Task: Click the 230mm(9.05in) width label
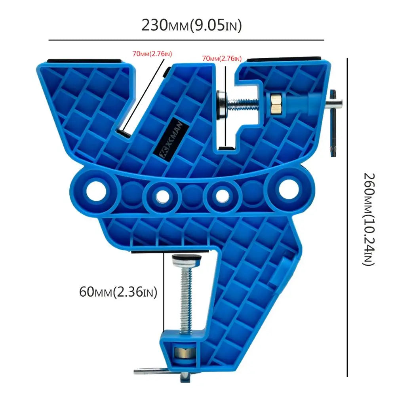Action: tap(192, 26)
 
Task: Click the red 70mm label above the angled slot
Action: tap(153, 53)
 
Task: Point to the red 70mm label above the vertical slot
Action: tap(221, 59)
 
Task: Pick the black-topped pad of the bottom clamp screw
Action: tap(186, 259)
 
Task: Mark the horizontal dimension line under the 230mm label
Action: tap(186, 40)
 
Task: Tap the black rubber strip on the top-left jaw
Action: tap(86, 61)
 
